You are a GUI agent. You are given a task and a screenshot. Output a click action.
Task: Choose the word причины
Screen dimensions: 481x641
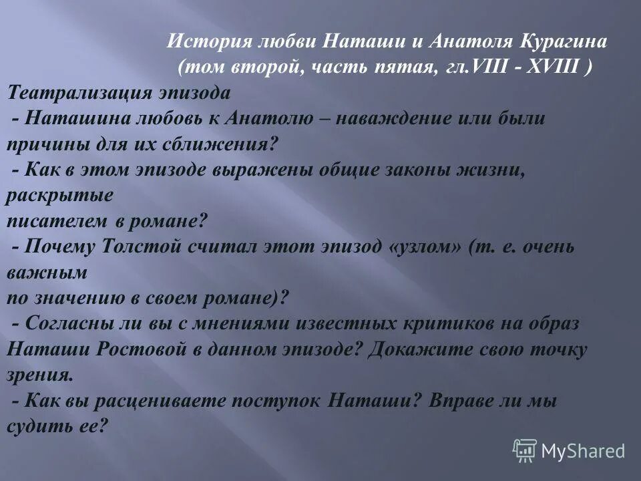[x=41, y=144]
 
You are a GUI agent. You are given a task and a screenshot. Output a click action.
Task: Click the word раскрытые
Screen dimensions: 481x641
[x=59, y=195]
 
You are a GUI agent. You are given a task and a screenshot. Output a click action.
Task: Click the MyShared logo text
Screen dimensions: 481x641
[x=583, y=452]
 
